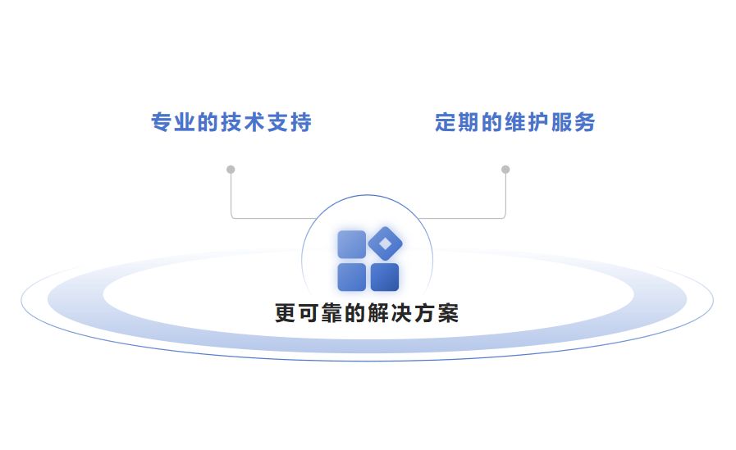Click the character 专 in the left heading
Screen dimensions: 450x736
[x=162, y=123]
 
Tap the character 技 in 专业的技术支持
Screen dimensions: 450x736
[x=232, y=123]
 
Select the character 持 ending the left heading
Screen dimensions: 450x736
[x=301, y=123]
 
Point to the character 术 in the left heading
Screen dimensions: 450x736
[x=255, y=123]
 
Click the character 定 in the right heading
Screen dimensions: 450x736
[x=446, y=123]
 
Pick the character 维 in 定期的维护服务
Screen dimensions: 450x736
[x=515, y=123]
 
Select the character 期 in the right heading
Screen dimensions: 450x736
[x=469, y=123]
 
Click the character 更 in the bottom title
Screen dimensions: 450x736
[x=285, y=314]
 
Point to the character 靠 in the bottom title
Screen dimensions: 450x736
[x=331, y=314]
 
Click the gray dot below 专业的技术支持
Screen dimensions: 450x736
[x=231, y=170]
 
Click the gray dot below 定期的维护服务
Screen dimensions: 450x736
[x=505, y=170]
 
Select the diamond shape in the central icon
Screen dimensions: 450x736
[x=385, y=243]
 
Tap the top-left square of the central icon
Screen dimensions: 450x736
[x=352, y=245]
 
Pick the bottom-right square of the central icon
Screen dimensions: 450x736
[x=385, y=277]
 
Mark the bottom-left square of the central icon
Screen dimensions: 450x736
[x=352, y=277]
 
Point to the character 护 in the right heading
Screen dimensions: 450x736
[x=538, y=123]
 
